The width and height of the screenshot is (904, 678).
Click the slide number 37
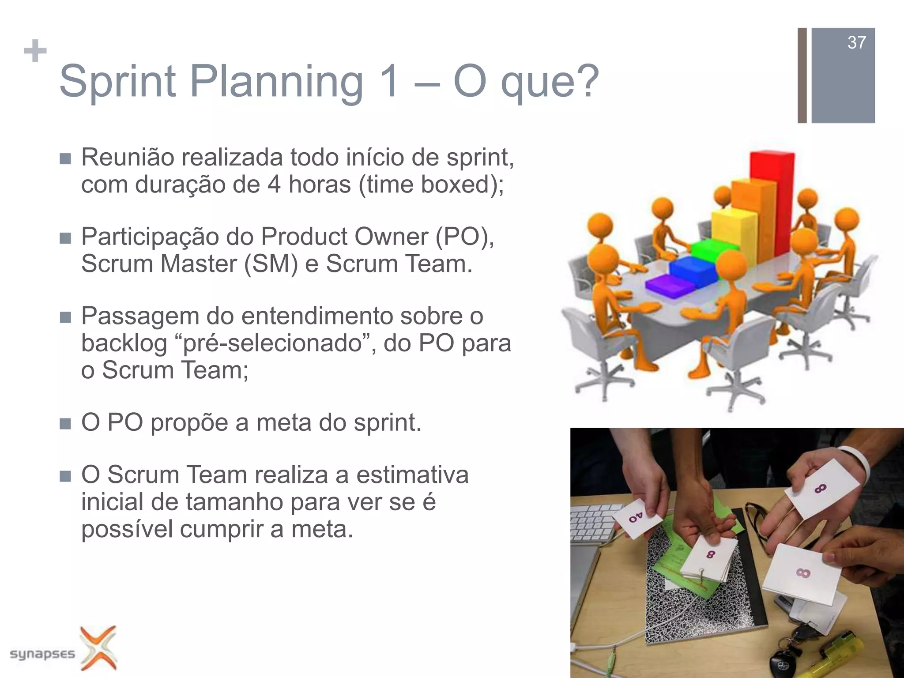pyautogui.click(x=856, y=43)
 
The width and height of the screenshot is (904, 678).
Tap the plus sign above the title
pyautogui.click(x=35, y=51)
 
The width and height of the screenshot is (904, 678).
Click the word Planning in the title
pyautogui.click(x=276, y=82)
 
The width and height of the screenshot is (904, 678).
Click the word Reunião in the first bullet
pyautogui.click(x=128, y=158)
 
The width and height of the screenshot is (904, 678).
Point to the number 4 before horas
pyautogui.click(x=274, y=185)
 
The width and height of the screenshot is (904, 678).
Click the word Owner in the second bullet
pyautogui.click(x=391, y=237)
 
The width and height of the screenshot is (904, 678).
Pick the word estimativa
pyautogui.click(x=412, y=475)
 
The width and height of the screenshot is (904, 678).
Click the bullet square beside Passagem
pyautogui.click(x=65, y=317)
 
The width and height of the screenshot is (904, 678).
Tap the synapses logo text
pyautogui.click(x=42, y=653)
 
